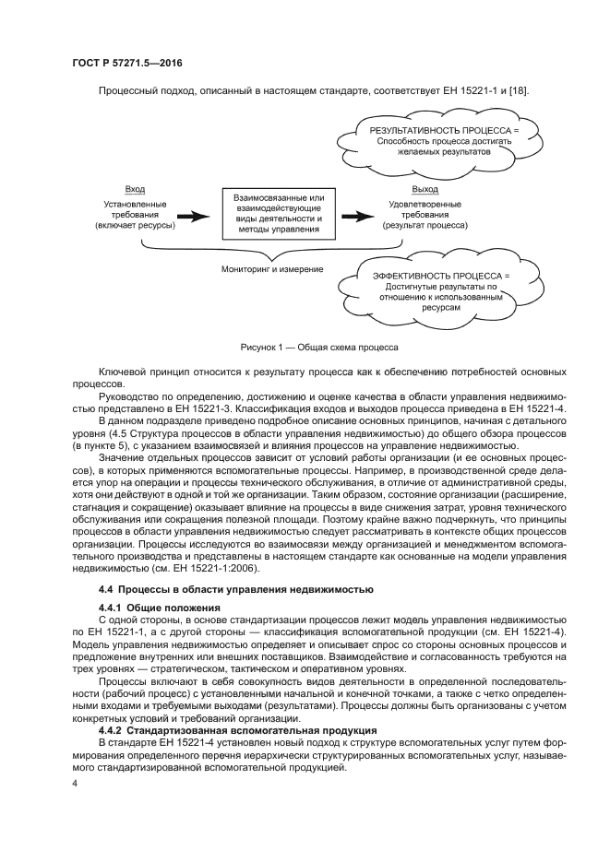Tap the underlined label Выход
[400, 188]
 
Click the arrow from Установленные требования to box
[193, 217]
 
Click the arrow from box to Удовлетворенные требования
[357, 217]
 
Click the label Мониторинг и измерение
[272, 269]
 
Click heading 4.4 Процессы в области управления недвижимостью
[235, 588]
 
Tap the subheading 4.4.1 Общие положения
[159, 608]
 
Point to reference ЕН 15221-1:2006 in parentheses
[269, 570]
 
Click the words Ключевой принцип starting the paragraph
[140, 371]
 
